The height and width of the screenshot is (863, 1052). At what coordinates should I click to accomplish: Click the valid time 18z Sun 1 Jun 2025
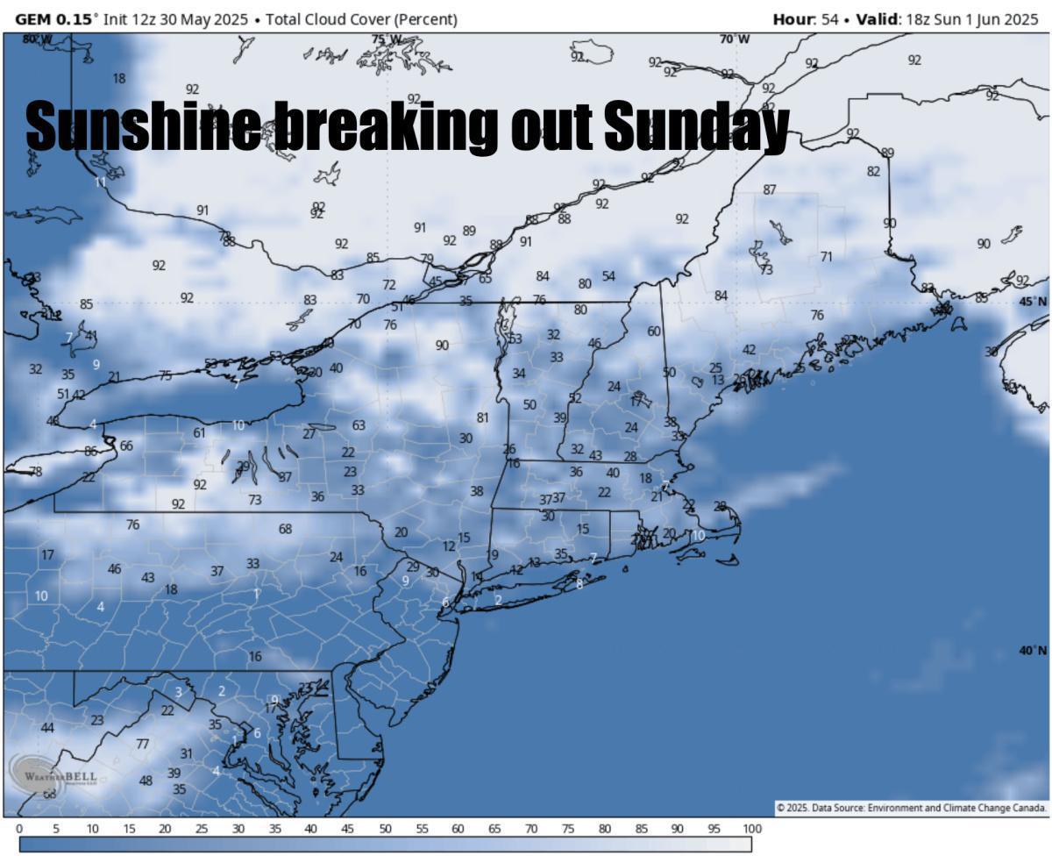[x=969, y=19]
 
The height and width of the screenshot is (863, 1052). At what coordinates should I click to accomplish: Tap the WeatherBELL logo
[x=53, y=774]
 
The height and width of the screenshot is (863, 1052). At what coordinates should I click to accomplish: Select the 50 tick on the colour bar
[x=385, y=829]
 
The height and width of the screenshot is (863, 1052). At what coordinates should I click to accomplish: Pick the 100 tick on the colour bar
[x=751, y=829]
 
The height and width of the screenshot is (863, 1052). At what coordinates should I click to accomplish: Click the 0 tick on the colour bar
[x=19, y=829]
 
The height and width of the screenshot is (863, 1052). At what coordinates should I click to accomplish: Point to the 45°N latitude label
[x=1033, y=302]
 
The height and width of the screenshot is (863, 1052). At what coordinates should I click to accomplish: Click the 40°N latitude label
[x=1033, y=651]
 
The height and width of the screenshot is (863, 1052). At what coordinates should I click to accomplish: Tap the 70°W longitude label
[x=735, y=39]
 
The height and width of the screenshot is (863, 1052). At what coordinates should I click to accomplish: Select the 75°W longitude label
[x=387, y=39]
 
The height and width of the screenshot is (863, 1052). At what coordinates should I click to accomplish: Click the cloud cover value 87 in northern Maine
[x=770, y=189]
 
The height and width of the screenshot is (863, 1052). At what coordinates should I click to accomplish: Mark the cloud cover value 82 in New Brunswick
[x=873, y=172]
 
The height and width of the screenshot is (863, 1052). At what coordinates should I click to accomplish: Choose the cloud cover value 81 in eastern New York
[x=482, y=417]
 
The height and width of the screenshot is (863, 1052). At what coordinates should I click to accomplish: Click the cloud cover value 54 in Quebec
[x=608, y=276]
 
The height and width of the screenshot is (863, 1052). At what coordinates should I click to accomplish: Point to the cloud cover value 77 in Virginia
[x=142, y=744]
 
